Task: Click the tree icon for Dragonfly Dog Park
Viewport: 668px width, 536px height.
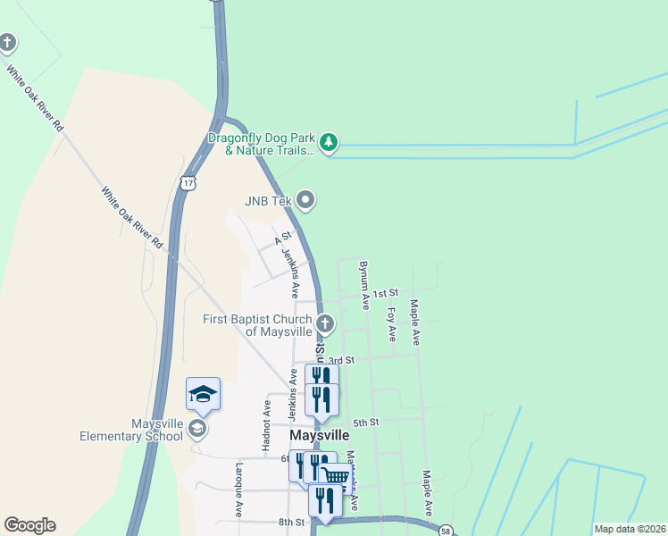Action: tap(330, 142)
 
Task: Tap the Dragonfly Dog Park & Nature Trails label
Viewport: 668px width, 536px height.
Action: tap(262, 145)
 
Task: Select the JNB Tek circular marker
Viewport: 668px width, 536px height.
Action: tap(306, 200)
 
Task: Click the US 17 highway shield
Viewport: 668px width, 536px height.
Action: tap(187, 182)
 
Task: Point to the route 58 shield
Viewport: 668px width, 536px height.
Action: tap(446, 531)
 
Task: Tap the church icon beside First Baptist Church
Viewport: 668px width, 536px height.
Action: tap(326, 323)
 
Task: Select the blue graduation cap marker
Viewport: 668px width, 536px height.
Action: tap(203, 394)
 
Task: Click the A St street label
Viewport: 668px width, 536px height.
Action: tap(283, 240)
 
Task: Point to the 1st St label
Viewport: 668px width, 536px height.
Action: tap(384, 293)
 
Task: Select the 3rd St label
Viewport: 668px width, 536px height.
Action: tap(342, 360)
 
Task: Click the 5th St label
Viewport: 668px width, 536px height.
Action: tap(366, 422)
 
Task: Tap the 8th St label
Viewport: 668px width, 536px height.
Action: tap(291, 522)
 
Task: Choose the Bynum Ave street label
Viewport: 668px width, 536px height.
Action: tap(363, 285)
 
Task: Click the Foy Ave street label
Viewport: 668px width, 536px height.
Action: tap(391, 324)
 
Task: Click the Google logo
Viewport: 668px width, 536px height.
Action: tap(29, 525)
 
